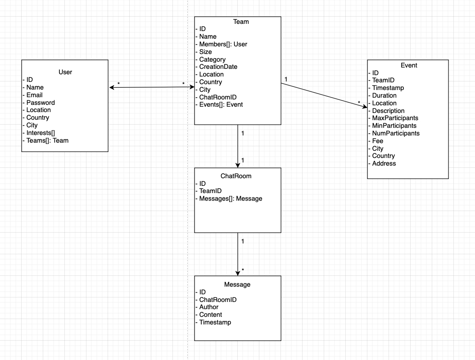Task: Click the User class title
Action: [x=65, y=72]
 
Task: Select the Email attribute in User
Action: [x=34, y=95]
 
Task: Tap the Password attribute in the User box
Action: [x=40, y=103]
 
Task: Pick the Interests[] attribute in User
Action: [x=40, y=133]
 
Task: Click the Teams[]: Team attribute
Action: [x=47, y=140]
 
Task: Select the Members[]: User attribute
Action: [x=223, y=44]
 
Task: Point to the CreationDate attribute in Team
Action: [x=218, y=67]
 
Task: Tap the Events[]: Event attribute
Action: [x=221, y=104]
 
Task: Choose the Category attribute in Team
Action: [x=212, y=59]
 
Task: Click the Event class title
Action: [x=409, y=65]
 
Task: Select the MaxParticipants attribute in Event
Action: [x=395, y=118]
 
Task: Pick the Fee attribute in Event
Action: [x=377, y=141]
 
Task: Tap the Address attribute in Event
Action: [x=384, y=163]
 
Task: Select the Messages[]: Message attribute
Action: [x=230, y=198]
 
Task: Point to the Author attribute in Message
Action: [x=208, y=307]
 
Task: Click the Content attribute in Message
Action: [x=210, y=315]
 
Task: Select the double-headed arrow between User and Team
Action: [x=151, y=88]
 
